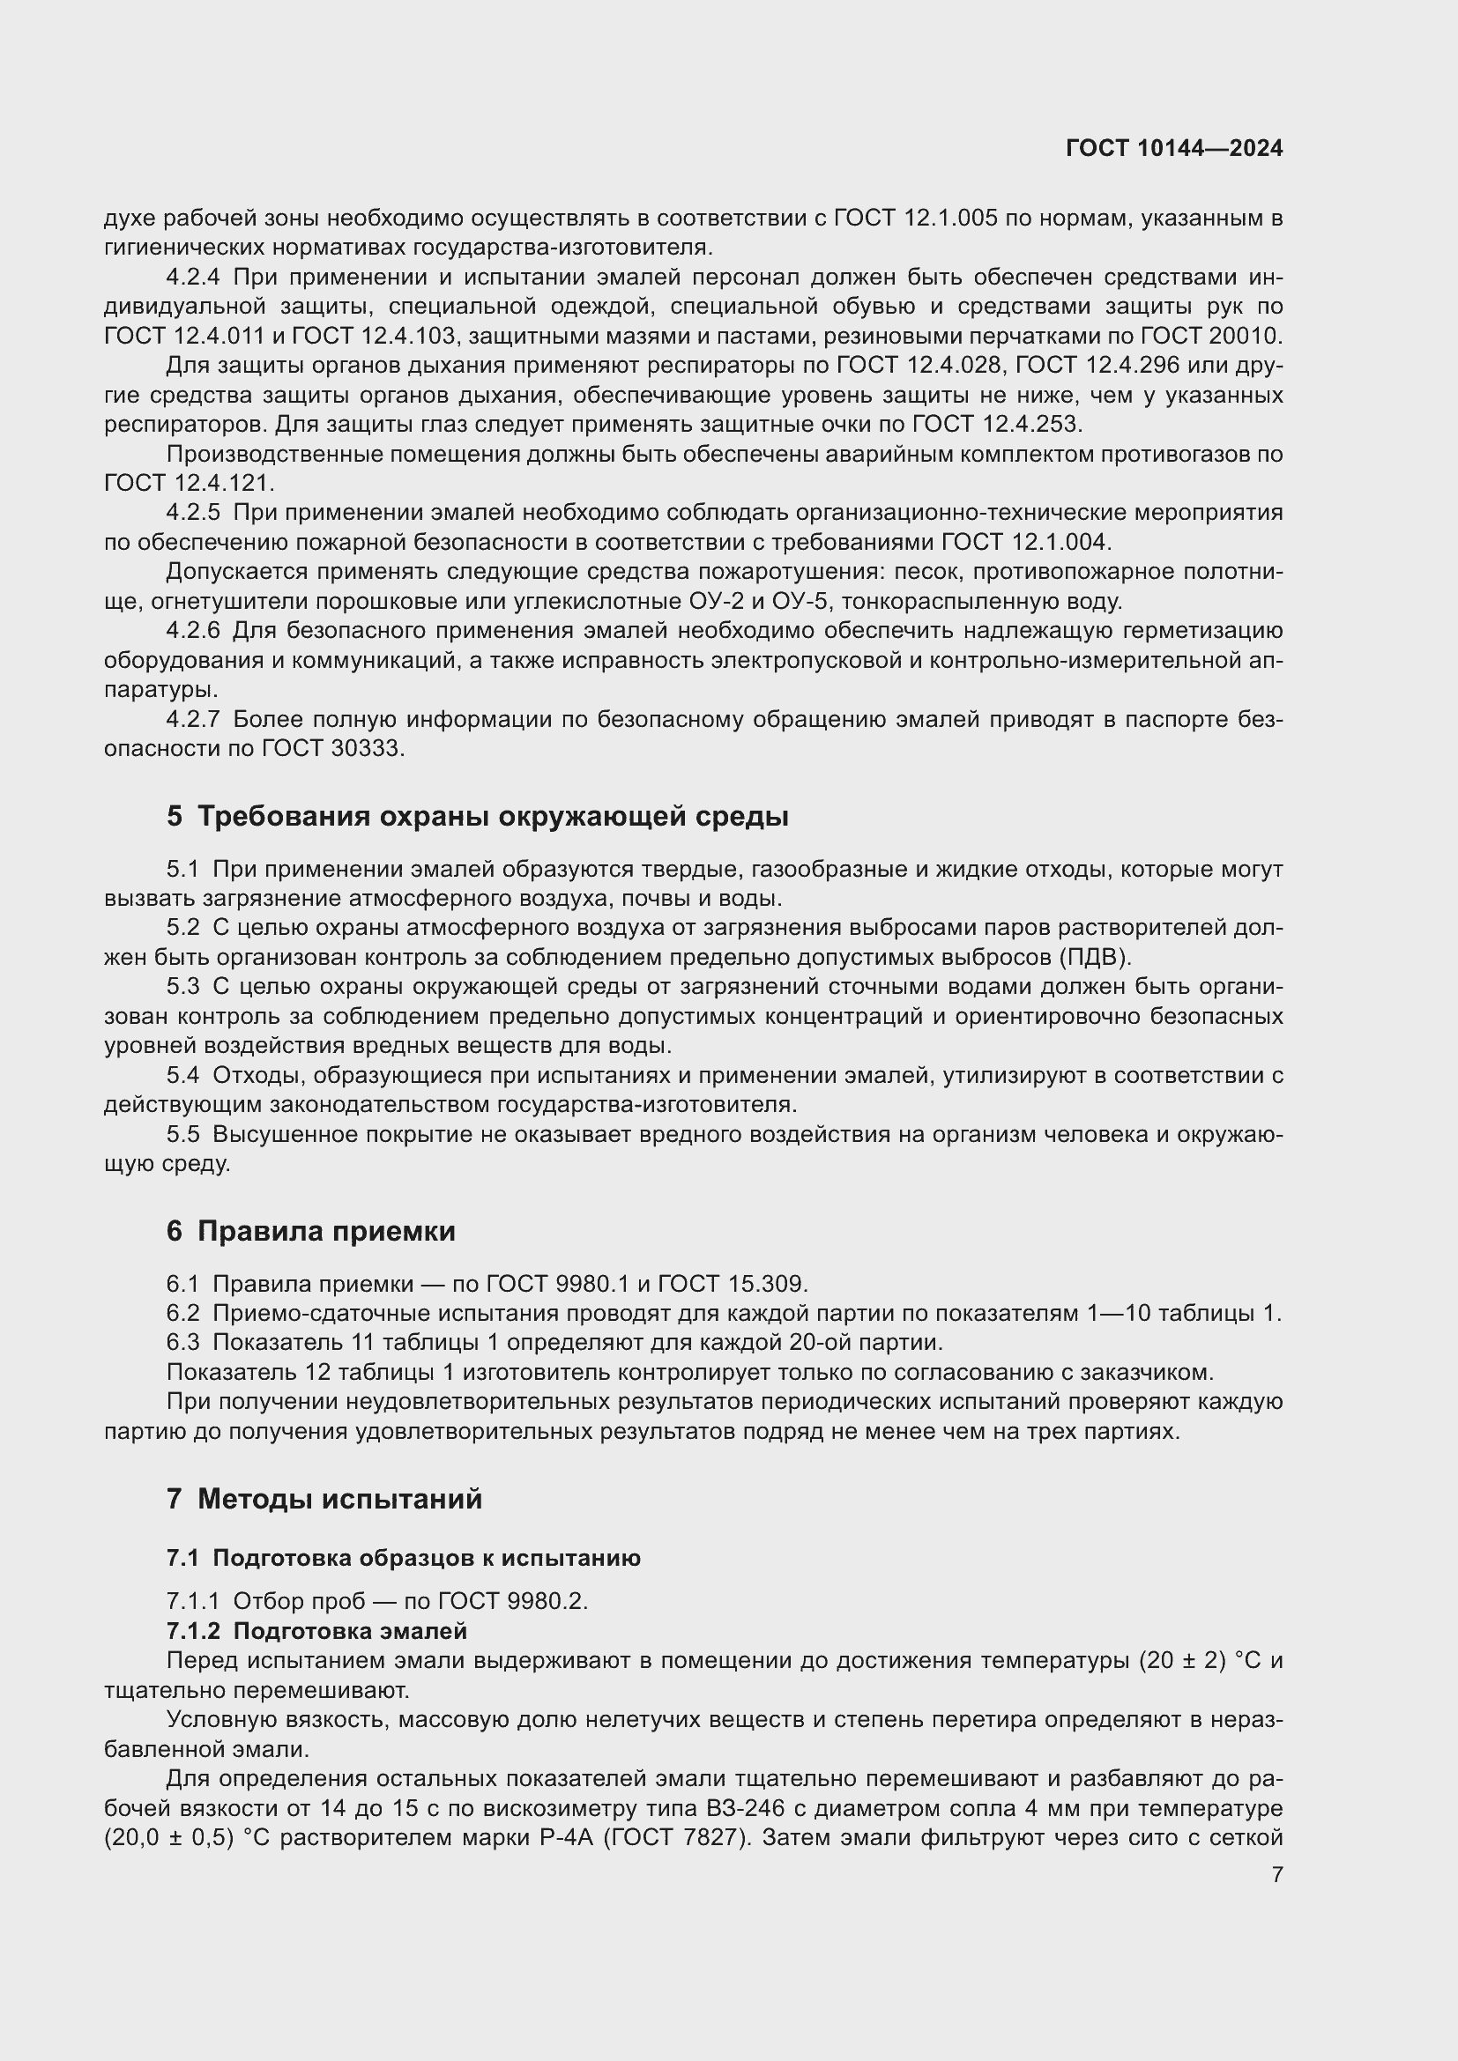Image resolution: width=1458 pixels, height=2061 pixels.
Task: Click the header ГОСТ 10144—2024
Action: [1173, 149]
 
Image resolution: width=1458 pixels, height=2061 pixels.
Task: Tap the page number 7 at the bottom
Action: [1276, 1874]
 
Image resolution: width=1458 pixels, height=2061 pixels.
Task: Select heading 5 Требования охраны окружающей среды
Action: [478, 816]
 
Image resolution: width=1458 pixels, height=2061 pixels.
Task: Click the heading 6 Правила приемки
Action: [310, 1231]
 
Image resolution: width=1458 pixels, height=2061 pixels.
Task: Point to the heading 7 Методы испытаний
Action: [324, 1498]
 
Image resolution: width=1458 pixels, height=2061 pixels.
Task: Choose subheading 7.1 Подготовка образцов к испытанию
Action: [403, 1557]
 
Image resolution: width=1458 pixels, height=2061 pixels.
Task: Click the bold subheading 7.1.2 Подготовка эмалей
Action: [317, 1630]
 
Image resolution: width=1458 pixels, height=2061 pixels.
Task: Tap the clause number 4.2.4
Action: [193, 278]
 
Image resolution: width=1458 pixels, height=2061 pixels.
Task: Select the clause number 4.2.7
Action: [193, 719]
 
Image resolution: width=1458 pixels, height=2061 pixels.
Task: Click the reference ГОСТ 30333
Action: [332, 749]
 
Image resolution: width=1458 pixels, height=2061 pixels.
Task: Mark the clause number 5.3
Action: [183, 987]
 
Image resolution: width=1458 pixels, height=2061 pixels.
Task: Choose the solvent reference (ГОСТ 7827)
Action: [675, 1837]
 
